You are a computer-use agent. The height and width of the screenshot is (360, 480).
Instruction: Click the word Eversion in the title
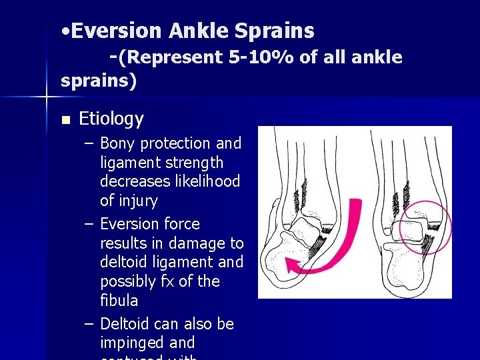pyautogui.click(x=117, y=31)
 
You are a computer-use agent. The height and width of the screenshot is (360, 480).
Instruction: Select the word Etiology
pyautogui.click(x=111, y=119)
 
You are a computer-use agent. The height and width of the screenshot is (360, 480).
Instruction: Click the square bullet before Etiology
pyautogui.click(x=65, y=121)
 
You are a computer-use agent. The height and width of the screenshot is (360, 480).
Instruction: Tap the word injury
pyautogui.click(x=139, y=201)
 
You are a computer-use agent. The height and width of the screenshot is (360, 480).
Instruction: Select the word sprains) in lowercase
pyautogui.click(x=98, y=81)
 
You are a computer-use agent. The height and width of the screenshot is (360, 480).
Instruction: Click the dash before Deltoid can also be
pyautogui.click(x=89, y=324)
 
